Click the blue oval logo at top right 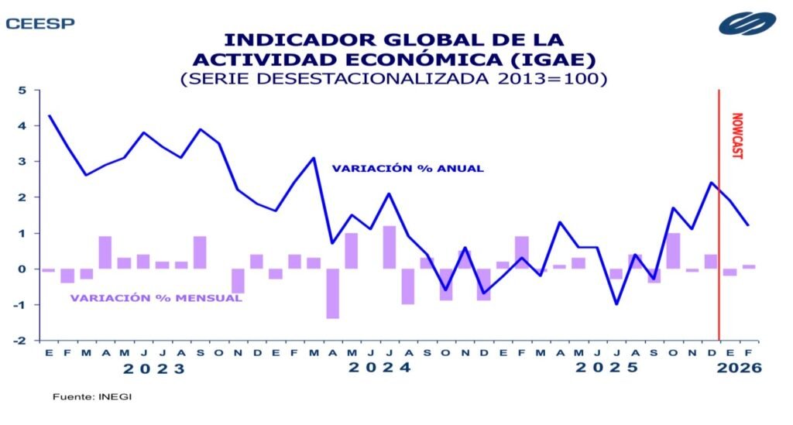pyautogui.click(x=747, y=23)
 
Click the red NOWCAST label pyautogui.click(x=736, y=135)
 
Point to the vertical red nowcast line pyautogui.click(x=719, y=232)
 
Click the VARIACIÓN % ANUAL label pyautogui.click(x=408, y=168)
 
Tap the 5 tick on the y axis pyautogui.click(x=22, y=90)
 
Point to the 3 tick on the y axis pyautogui.click(x=22, y=162)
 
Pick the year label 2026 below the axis pyautogui.click(x=739, y=369)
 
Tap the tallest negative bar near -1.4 pyautogui.click(x=332, y=293)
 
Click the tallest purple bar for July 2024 pyautogui.click(x=390, y=247)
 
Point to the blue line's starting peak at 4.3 pyautogui.click(x=49, y=115)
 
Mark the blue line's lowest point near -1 pyautogui.click(x=616, y=304)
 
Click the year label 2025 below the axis pyautogui.click(x=606, y=369)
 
